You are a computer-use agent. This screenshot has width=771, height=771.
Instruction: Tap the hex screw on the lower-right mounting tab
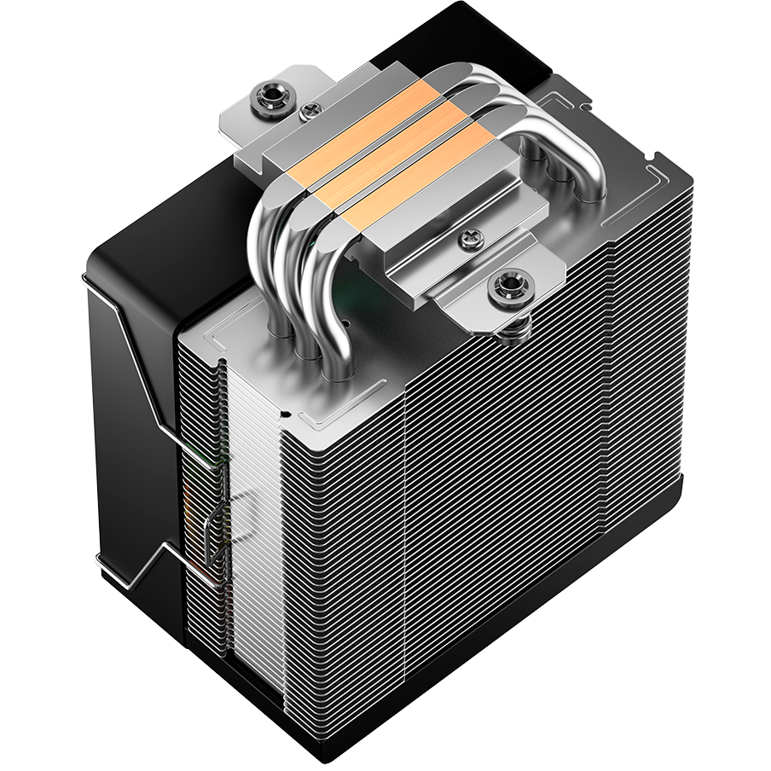click(x=508, y=285)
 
